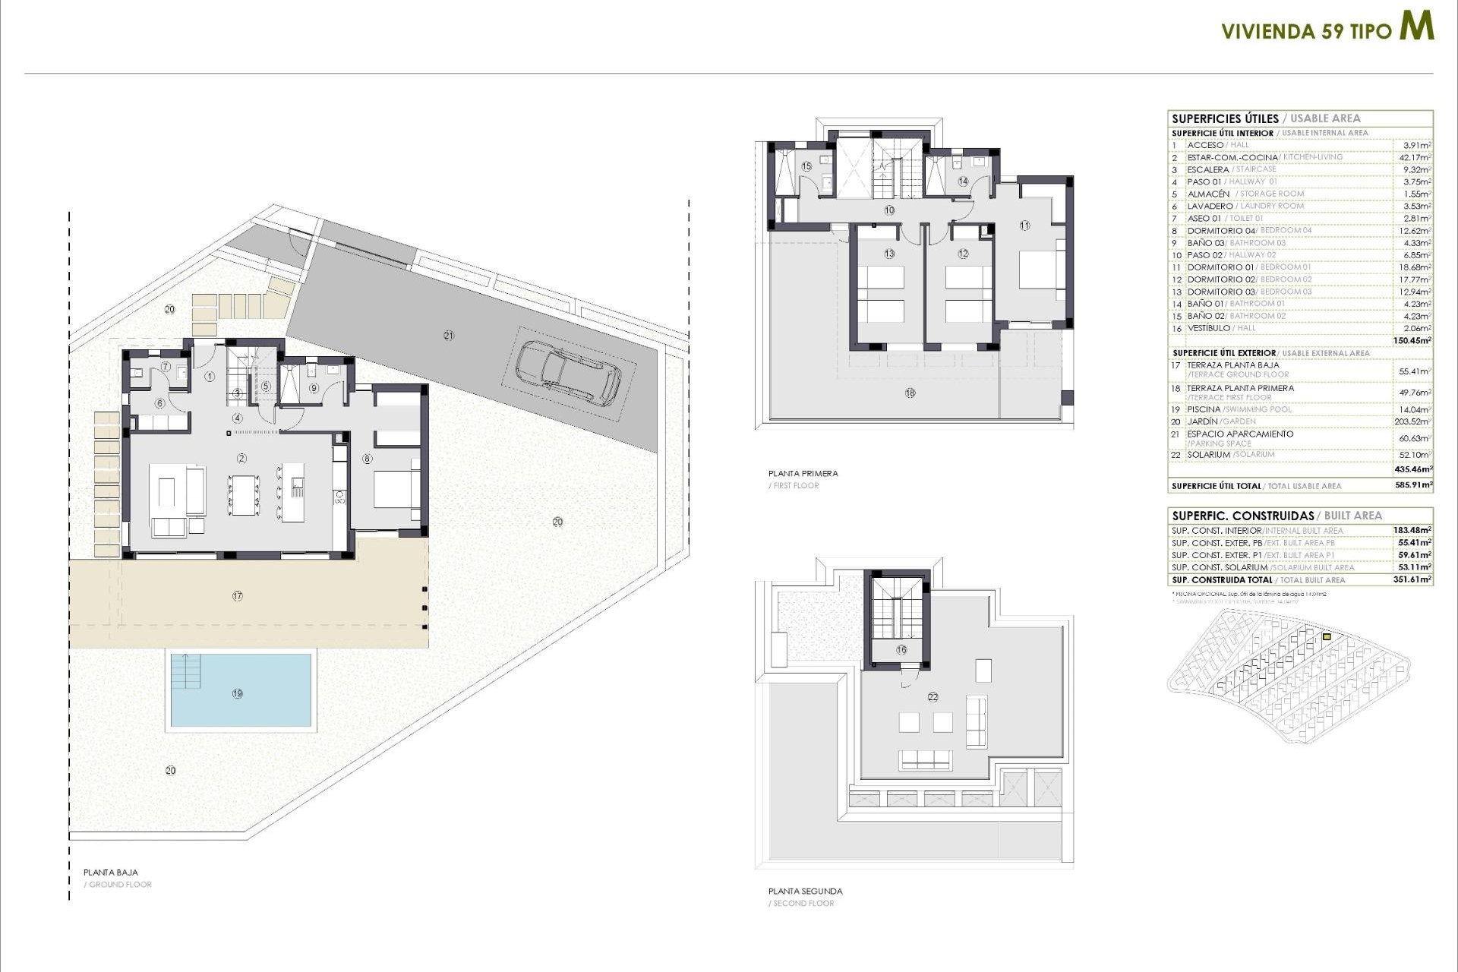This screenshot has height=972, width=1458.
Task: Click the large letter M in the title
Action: click(x=1416, y=27)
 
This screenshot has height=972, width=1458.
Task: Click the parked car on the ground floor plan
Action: click(x=568, y=372)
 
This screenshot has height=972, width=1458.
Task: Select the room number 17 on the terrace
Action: click(x=238, y=596)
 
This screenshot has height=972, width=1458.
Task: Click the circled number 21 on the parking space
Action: click(x=449, y=335)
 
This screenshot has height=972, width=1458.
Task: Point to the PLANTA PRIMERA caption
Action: click(x=803, y=473)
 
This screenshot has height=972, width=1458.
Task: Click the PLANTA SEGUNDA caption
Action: click(x=805, y=891)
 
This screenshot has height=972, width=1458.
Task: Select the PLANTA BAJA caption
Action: click(x=111, y=873)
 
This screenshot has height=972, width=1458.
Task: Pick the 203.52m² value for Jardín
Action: click(x=1414, y=421)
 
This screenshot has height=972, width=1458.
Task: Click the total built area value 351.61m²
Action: click(x=1415, y=579)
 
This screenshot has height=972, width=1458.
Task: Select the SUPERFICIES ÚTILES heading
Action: click(x=1224, y=118)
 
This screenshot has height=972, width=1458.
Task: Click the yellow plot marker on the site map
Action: click(x=1327, y=636)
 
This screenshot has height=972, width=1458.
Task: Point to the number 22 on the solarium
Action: click(x=933, y=696)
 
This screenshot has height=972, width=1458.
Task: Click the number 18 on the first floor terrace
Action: click(x=910, y=393)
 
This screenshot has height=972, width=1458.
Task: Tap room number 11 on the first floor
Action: click(x=1024, y=226)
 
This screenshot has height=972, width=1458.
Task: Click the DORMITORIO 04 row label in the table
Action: click(x=1220, y=231)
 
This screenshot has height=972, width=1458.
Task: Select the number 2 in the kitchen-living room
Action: click(x=241, y=458)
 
